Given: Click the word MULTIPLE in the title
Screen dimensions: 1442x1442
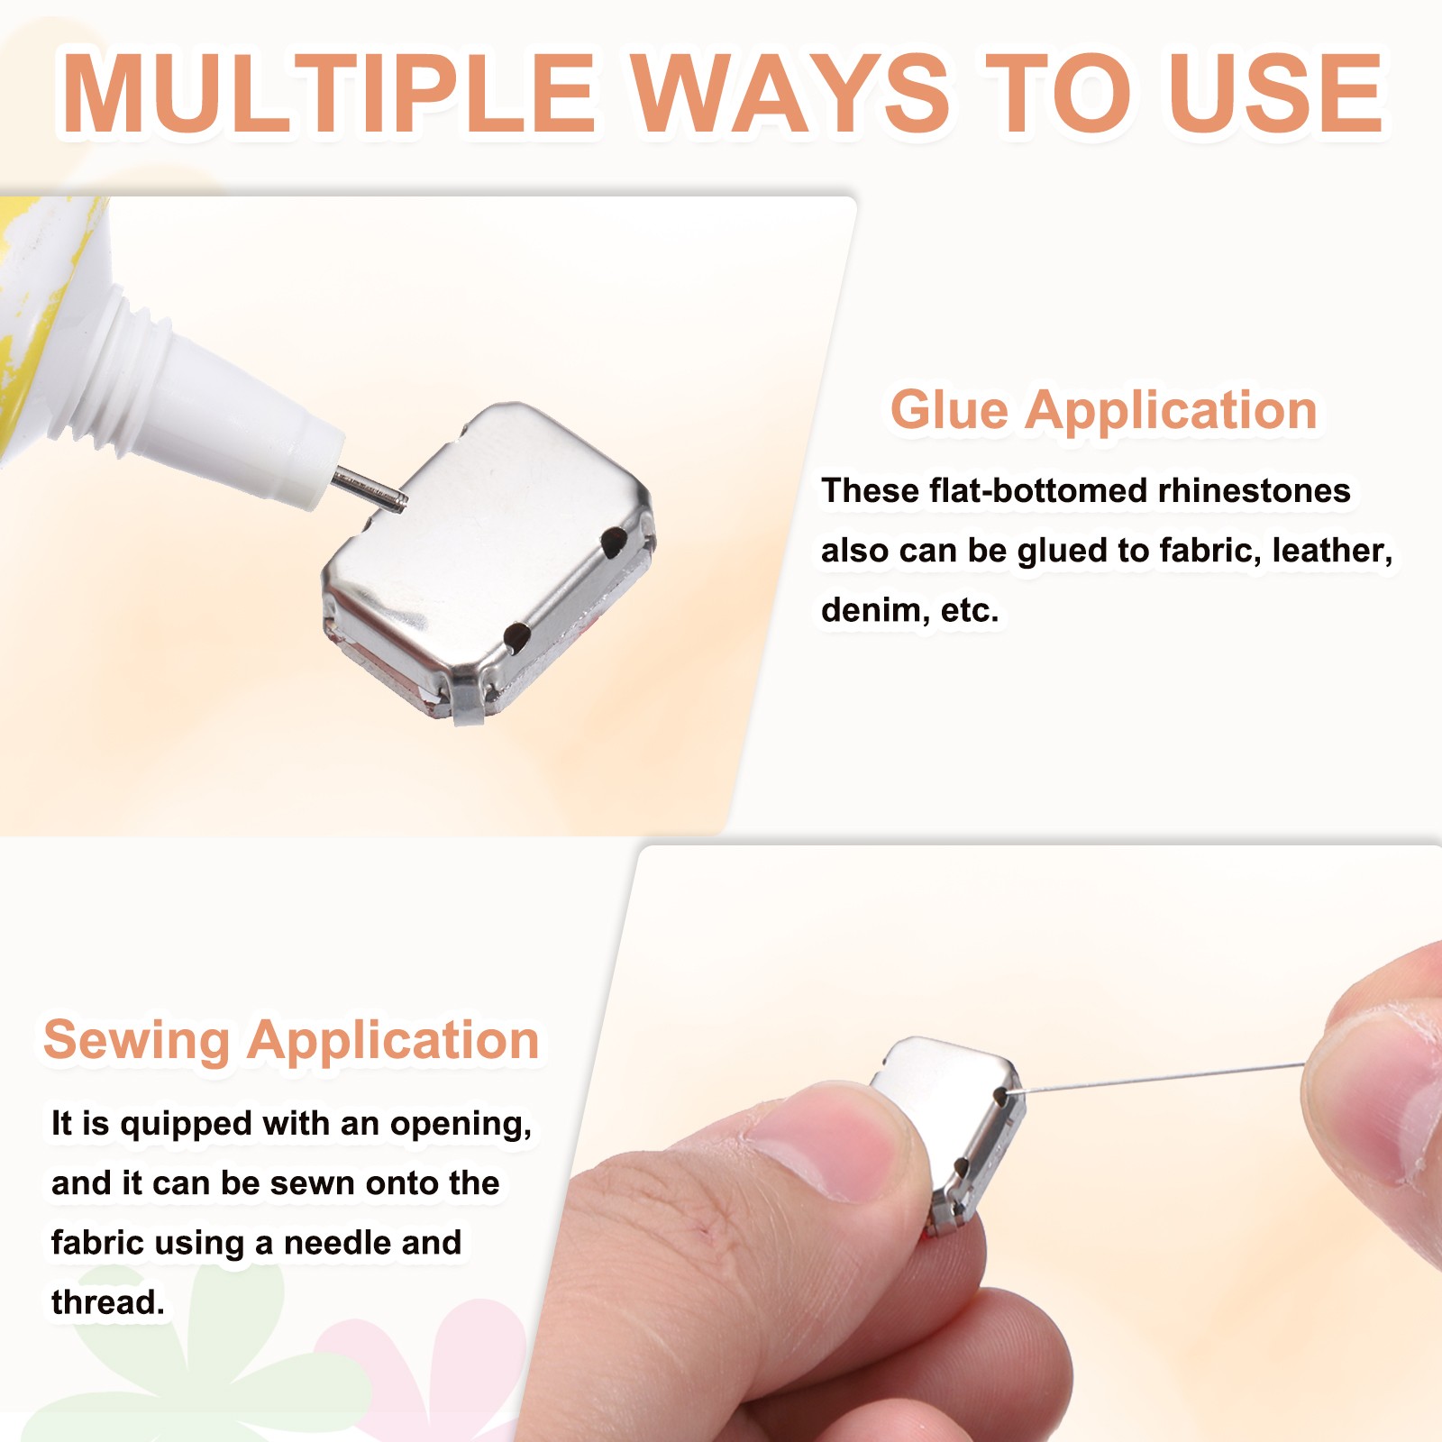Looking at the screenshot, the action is pos(329,93).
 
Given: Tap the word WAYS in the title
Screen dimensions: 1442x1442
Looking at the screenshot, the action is pos(789,93).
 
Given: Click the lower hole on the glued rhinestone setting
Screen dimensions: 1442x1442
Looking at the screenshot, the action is pos(516,636).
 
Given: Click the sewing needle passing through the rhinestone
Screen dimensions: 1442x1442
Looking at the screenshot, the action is pos(1154,1079).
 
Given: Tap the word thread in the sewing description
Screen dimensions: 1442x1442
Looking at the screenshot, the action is pos(107,1303).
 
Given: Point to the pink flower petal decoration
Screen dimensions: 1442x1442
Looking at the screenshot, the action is pos(424,1370).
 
